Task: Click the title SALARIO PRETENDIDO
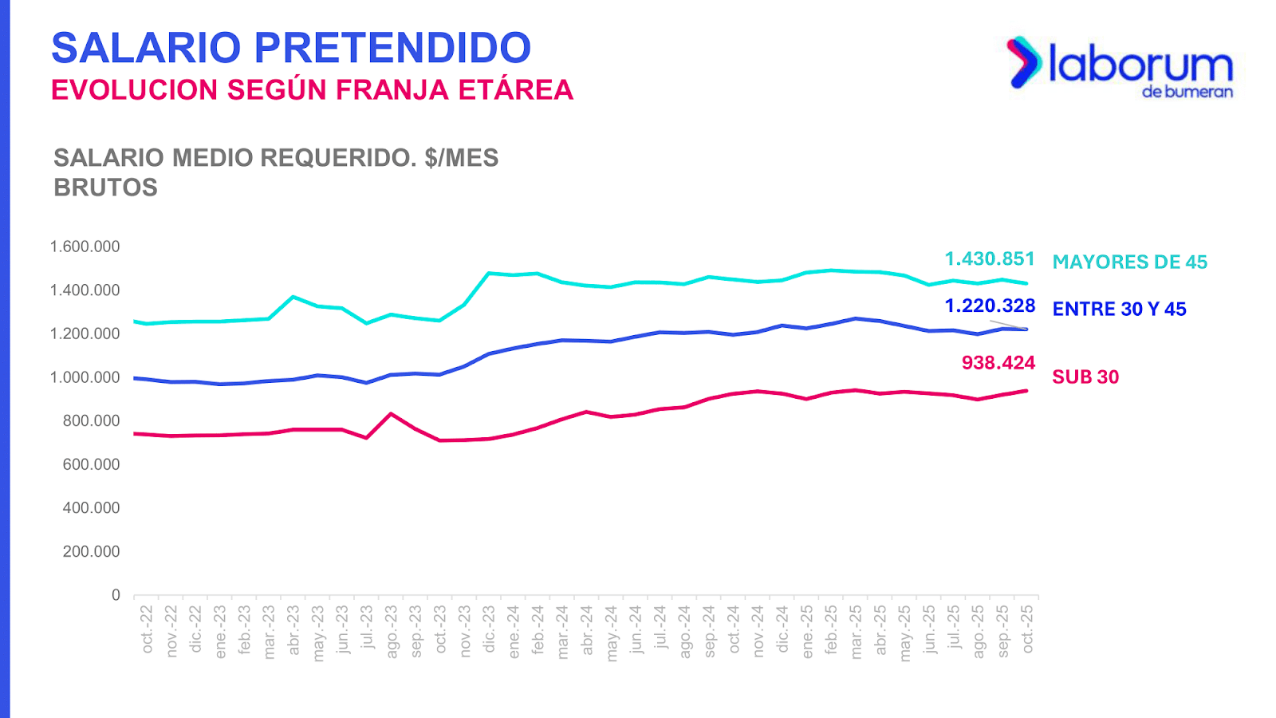click(x=291, y=48)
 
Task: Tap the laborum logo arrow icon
click(x=1024, y=61)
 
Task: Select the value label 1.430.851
click(x=990, y=259)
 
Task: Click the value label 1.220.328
click(x=990, y=306)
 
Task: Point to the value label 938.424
click(x=998, y=363)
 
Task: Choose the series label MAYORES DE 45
click(x=1129, y=262)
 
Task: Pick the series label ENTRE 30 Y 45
click(x=1119, y=310)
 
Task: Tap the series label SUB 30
click(x=1085, y=377)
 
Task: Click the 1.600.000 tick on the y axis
click(x=85, y=247)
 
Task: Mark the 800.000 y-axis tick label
click(x=91, y=421)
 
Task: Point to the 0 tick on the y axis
click(x=116, y=595)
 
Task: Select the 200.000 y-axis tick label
click(x=91, y=552)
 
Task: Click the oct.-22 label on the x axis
click(x=147, y=629)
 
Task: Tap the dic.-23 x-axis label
click(x=489, y=629)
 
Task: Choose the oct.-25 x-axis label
click(x=1027, y=629)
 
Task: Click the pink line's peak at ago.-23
click(x=390, y=413)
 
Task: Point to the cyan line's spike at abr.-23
click(x=293, y=297)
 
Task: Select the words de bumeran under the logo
click(x=1187, y=92)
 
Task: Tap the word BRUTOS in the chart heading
click(x=105, y=187)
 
